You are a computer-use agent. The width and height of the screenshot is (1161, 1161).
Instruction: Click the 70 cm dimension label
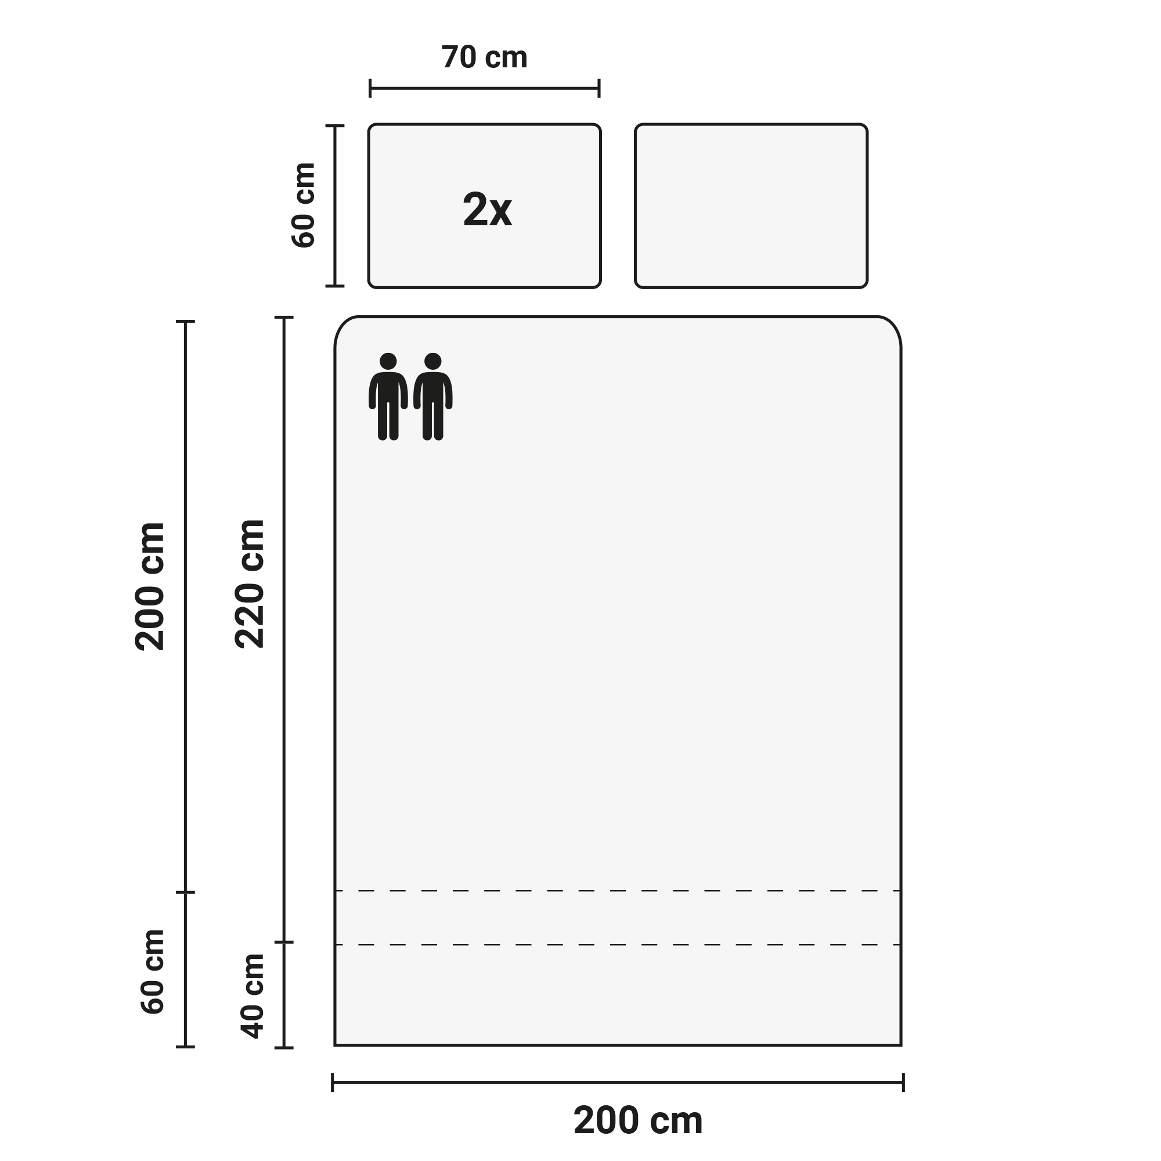click(x=484, y=57)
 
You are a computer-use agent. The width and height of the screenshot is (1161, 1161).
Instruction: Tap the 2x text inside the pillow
click(x=488, y=210)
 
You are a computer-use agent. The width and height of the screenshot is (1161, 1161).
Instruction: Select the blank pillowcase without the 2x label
click(x=751, y=206)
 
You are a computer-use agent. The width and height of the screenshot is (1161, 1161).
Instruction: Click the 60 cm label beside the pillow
click(x=304, y=205)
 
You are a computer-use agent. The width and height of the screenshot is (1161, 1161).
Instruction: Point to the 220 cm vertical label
click(x=250, y=584)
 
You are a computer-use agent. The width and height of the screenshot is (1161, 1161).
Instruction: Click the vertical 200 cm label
click(x=150, y=586)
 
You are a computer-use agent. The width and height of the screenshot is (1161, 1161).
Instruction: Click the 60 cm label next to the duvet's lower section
click(x=153, y=972)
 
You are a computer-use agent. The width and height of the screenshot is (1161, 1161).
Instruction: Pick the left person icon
click(x=388, y=396)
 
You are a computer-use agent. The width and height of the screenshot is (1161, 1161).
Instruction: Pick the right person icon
click(x=432, y=396)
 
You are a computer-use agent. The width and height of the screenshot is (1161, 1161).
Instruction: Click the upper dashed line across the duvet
click(x=618, y=890)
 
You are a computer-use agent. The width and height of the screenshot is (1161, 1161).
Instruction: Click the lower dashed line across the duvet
click(x=618, y=944)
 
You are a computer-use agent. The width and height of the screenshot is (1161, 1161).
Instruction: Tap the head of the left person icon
click(x=388, y=361)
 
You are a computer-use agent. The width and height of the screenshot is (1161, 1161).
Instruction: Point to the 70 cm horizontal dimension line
click(x=484, y=88)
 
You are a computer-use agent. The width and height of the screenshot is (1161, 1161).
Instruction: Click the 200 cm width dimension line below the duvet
click(x=618, y=1082)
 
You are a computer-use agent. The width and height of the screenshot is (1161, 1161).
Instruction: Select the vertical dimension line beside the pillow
click(x=335, y=206)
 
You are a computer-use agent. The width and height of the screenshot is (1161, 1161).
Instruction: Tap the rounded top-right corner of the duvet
click(x=892, y=325)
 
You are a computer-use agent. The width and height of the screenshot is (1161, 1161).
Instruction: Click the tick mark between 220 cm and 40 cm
click(x=284, y=942)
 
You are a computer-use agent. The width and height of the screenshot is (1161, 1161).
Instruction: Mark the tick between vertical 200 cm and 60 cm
click(x=185, y=892)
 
